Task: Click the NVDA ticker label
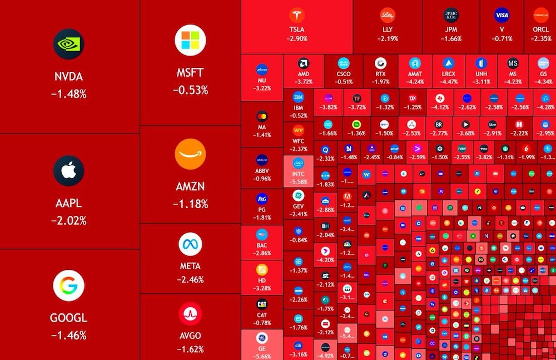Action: (x=69, y=77)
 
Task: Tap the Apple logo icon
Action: (x=69, y=171)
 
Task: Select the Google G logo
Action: (x=69, y=286)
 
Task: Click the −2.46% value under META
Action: (x=190, y=279)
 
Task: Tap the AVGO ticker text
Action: (x=190, y=336)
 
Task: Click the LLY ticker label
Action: (x=388, y=29)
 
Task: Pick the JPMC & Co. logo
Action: (x=451, y=15)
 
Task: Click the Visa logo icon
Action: (x=502, y=15)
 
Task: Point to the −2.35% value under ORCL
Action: (x=540, y=38)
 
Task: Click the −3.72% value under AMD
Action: (x=304, y=81)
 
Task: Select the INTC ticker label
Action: (x=298, y=174)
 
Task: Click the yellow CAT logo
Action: (x=262, y=304)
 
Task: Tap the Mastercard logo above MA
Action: (x=262, y=117)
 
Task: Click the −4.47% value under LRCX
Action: (x=449, y=81)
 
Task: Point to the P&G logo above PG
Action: (x=262, y=199)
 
